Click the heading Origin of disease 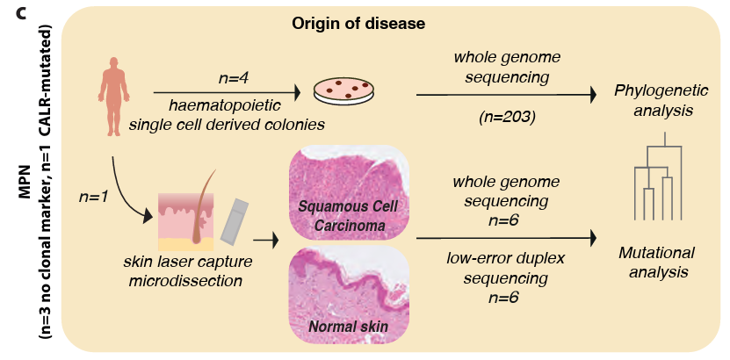coord(358,23)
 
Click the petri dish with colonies coord(341,90)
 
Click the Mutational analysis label coord(651,262)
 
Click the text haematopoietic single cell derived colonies coord(227,115)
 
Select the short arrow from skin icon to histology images coord(265,238)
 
